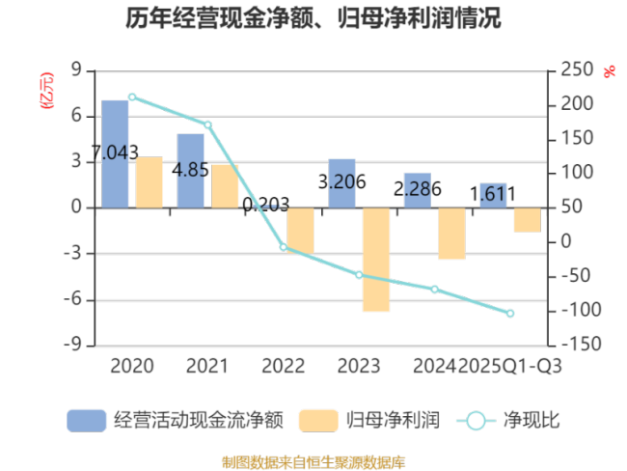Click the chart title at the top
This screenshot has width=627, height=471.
(313, 18)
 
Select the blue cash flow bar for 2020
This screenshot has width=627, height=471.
(116, 153)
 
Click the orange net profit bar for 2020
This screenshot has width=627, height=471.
(150, 182)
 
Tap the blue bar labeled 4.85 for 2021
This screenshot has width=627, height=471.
(191, 171)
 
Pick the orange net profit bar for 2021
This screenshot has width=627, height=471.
(225, 185)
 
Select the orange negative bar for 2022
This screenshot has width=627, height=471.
(300, 231)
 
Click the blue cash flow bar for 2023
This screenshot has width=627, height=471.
(341, 183)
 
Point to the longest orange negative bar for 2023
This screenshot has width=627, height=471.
(375, 260)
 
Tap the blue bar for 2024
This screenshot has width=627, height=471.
(417, 190)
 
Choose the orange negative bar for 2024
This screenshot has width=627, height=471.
(450, 234)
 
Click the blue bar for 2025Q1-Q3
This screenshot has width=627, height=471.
(492, 195)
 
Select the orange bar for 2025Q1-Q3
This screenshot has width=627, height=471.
(526, 220)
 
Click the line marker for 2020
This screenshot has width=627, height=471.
(132, 97)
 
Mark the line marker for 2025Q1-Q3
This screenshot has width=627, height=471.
(510, 313)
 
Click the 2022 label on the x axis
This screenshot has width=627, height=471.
(283, 367)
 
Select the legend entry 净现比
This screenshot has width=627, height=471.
(511, 421)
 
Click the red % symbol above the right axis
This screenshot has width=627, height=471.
(609, 71)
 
